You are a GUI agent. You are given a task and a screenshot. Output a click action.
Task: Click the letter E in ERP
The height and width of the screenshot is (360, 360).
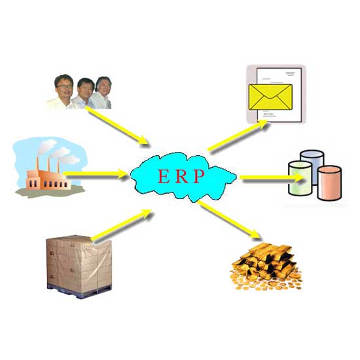tap(164, 176)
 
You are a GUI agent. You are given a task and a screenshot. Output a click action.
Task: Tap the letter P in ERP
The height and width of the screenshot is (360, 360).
tap(199, 176)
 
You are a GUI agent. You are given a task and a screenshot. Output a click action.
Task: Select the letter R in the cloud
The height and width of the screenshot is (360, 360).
tap(181, 176)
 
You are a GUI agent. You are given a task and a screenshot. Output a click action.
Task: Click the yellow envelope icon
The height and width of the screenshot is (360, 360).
tap(270, 97)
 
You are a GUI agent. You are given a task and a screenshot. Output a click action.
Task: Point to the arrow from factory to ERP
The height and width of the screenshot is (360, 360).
tap(95, 173)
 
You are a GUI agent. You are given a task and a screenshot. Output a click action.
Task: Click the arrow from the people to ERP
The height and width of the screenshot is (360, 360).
tap(117, 125)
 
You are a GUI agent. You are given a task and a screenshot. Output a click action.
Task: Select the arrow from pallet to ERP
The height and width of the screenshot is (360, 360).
tap(121, 225)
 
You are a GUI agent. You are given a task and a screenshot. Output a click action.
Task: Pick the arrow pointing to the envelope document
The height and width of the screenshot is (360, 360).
tap(238, 135)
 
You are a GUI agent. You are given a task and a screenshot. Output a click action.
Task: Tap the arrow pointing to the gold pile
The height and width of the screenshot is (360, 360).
tap(229, 220)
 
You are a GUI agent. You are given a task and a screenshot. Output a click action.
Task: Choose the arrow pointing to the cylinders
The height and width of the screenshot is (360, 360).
tap(272, 177)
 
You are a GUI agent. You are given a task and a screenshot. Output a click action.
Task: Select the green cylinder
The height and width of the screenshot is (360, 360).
tap(300, 179)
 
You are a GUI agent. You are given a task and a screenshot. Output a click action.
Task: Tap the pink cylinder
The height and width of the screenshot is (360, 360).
tap(329, 183)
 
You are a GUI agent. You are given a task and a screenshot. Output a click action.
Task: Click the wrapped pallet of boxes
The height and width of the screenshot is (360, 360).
tap(79, 266)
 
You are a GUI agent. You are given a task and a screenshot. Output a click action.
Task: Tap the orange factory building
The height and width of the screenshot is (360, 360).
tap(48, 179)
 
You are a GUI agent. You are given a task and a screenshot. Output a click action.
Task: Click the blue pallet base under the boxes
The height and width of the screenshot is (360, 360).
tap(79, 291)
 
